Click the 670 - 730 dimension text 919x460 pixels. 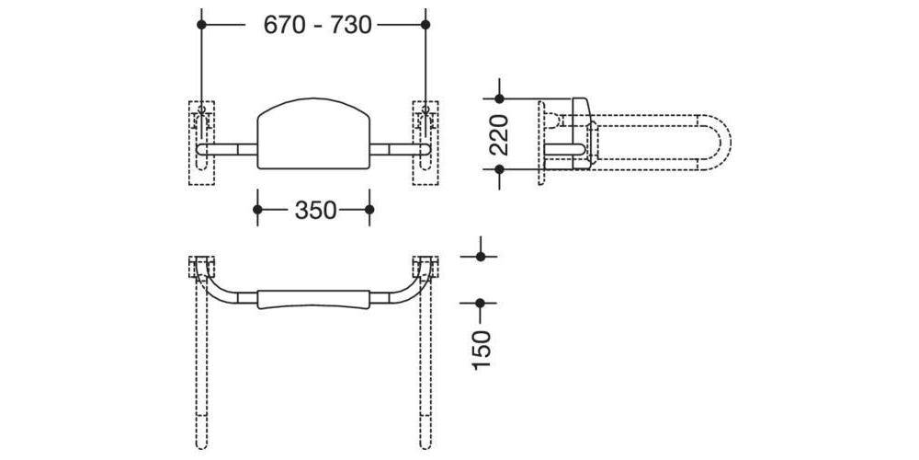click(x=317, y=25)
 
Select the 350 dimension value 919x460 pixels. click(x=314, y=211)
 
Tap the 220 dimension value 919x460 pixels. click(x=498, y=134)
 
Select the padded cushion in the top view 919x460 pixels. click(x=312, y=300)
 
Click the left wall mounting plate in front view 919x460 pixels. click(x=201, y=143)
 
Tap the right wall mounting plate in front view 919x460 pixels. click(x=425, y=143)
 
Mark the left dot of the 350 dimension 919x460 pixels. click(x=257, y=210)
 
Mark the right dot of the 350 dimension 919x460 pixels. click(x=369, y=210)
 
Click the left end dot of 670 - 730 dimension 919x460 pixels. click(x=200, y=25)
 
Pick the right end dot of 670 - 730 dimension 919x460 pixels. click(x=425, y=25)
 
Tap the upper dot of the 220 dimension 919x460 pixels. click(x=499, y=98)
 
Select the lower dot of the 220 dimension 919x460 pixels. click(x=499, y=169)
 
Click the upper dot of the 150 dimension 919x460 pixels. click(x=480, y=257)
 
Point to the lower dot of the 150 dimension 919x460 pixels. click(x=480, y=302)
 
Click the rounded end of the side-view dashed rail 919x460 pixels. click(x=722, y=143)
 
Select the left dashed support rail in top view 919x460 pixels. click(x=201, y=377)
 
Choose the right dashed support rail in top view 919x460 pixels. click(x=425, y=377)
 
